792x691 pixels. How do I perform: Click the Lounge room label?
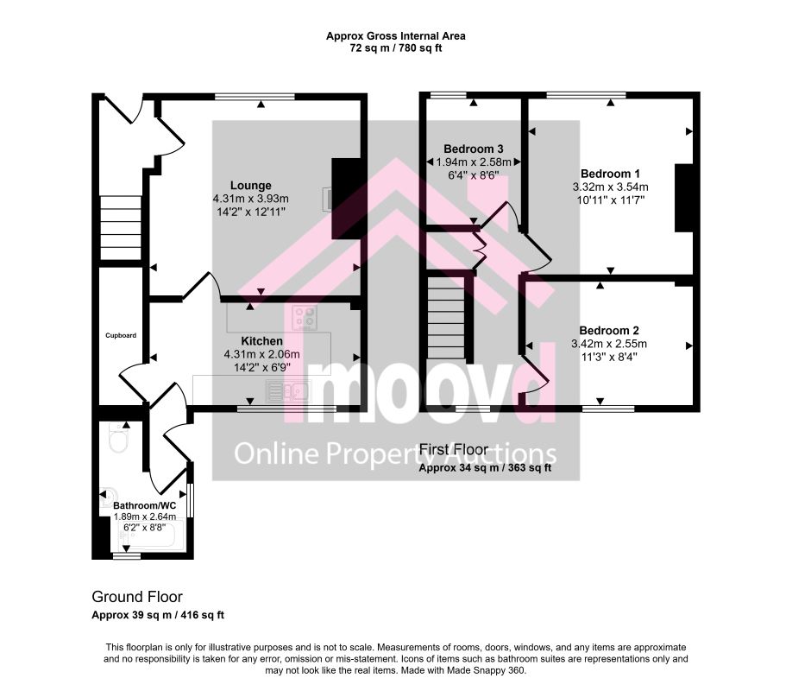click(x=250, y=186)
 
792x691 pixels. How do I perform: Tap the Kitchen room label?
click(x=261, y=341)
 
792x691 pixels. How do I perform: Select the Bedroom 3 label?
click(x=474, y=149)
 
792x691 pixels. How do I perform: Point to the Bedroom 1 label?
click(x=610, y=174)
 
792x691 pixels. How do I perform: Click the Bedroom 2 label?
click(x=608, y=330)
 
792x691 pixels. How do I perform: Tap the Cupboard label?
click(x=121, y=335)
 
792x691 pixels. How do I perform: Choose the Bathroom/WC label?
click(x=144, y=505)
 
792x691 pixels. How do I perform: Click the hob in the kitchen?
click(x=305, y=317)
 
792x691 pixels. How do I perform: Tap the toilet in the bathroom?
click(x=119, y=439)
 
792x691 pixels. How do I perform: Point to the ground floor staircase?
click(x=120, y=228)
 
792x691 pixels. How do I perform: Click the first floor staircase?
click(x=446, y=317)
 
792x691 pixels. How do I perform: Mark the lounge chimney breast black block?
click(x=346, y=199)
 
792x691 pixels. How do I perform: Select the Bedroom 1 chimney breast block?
click(x=684, y=198)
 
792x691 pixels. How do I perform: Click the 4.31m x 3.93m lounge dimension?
click(x=250, y=199)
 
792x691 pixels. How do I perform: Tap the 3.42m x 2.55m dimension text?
click(x=608, y=344)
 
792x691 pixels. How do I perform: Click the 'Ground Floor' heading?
click(x=137, y=597)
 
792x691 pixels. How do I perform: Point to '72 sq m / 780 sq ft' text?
click(x=395, y=48)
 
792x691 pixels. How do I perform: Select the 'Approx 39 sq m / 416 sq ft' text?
click(x=158, y=616)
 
